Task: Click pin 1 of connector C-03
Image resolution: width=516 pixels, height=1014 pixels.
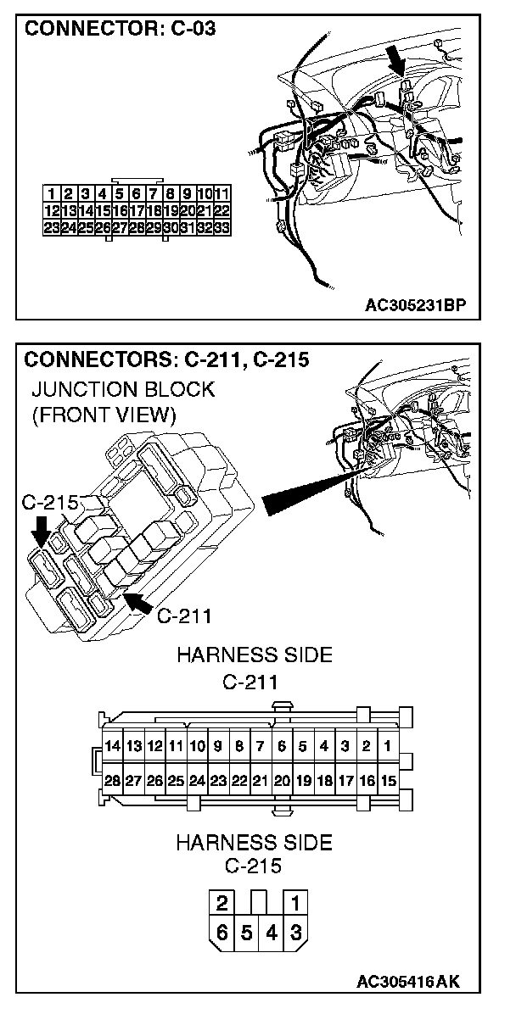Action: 53,193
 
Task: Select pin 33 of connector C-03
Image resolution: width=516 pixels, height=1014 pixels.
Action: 223,227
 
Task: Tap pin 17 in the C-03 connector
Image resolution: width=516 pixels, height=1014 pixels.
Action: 137,210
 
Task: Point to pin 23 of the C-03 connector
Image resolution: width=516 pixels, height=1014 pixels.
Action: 52,227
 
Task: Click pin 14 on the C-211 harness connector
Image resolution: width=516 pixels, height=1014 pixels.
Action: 112,747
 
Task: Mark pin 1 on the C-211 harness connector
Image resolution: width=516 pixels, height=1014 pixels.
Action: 387,747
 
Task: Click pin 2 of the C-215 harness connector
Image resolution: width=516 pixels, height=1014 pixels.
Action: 222,902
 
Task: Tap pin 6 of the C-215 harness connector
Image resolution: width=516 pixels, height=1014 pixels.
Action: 222,933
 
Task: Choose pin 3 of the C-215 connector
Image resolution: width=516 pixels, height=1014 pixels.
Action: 295,933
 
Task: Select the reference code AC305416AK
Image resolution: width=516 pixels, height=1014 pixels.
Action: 408,982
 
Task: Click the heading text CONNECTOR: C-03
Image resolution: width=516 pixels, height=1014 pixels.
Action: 120,29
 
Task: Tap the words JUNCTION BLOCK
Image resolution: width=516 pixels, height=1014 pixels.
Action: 122,390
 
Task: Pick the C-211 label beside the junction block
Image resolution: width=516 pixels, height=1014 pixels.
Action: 184,615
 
